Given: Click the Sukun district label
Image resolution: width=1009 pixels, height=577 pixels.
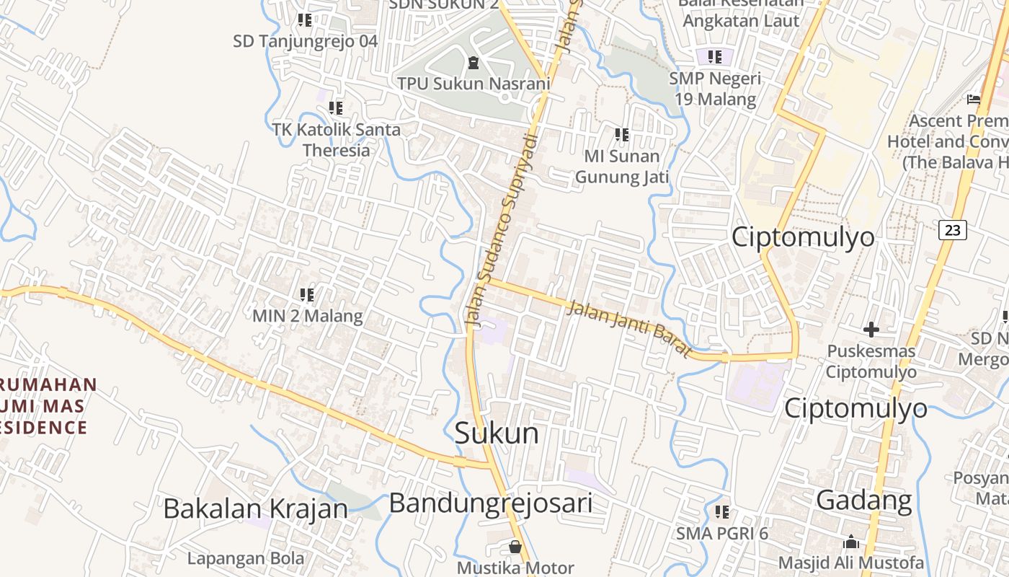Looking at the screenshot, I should [496, 433].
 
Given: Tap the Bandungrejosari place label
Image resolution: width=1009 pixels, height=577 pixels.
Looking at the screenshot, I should [490, 503].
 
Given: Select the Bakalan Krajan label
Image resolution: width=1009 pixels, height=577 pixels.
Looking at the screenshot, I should [255, 508].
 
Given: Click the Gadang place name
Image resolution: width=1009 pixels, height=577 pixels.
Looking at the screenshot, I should [864, 499].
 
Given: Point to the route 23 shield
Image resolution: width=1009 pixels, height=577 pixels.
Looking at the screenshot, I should [952, 230].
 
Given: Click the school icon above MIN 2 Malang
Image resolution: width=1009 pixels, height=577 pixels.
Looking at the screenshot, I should [307, 294].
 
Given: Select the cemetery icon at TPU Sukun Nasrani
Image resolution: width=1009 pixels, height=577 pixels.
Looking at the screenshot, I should [473, 63].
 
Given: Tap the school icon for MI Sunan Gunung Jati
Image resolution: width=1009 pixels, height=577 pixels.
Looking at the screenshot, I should [622, 134].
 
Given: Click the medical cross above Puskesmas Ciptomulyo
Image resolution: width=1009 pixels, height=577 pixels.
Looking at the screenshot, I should [871, 330].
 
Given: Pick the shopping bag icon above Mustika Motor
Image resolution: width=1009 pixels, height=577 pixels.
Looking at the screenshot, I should [515, 546].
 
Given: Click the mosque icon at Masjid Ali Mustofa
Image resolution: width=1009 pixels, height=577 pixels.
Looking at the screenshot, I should [851, 542].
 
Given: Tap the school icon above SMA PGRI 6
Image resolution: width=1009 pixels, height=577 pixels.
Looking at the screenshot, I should [722, 512].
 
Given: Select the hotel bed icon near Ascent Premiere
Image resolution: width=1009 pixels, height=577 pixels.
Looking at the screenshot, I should [974, 99].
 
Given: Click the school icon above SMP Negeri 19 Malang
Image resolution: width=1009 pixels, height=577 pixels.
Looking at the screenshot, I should [714, 56].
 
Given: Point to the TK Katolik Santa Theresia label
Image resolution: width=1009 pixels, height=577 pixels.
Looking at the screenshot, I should [337, 140].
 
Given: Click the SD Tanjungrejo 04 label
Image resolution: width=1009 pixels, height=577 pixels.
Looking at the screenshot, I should [305, 41].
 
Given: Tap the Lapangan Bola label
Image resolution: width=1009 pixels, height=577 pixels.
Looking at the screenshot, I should [246, 558].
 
